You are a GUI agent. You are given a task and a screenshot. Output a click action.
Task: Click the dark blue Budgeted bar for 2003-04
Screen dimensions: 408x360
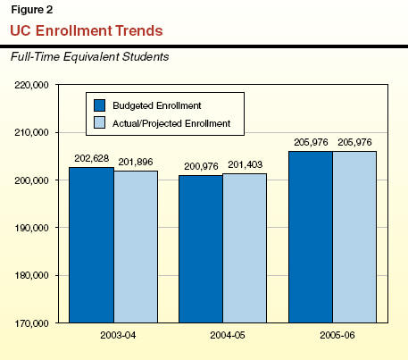point(91,245)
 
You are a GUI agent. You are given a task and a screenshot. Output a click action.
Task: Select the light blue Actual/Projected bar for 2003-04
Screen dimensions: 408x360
point(136,247)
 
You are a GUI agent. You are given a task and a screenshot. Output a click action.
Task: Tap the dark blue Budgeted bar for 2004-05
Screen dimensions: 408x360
point(201,249)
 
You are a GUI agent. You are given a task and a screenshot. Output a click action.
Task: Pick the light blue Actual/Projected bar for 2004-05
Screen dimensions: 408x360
point(245,248)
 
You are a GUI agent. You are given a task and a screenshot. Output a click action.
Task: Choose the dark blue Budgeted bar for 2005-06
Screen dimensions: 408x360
point(311,237)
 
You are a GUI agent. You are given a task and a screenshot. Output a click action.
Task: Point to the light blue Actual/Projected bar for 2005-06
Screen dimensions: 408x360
point(354,237)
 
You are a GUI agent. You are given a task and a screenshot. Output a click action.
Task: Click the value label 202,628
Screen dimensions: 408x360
point(92,158)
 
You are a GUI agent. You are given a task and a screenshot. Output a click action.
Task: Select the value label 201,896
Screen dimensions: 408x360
point(136,162)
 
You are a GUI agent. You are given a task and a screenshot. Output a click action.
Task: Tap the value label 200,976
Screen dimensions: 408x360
point(201,166)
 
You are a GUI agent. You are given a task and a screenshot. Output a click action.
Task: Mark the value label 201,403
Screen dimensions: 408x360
point(246,164)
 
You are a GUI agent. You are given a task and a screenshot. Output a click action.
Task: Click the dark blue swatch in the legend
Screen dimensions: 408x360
point(99,105)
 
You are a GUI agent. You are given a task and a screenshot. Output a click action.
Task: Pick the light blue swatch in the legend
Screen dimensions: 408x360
point(99,122)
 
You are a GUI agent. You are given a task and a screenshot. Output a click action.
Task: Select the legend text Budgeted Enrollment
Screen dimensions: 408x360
point(157,105)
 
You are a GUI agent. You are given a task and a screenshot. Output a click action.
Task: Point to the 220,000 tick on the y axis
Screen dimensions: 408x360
point(31,85)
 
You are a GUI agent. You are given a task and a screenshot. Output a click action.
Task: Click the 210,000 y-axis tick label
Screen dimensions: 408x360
point(31,132)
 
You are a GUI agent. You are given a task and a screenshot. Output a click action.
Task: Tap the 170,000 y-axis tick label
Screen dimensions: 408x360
point(31,323)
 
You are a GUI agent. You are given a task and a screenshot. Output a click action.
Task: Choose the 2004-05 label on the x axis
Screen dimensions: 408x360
point(228,335)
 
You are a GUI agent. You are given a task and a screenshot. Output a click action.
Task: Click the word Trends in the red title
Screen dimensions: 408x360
point(139,30)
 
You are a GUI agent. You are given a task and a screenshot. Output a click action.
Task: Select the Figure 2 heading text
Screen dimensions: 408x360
point(32,10)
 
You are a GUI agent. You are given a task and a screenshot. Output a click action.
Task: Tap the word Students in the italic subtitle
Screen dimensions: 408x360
point(146,56)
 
